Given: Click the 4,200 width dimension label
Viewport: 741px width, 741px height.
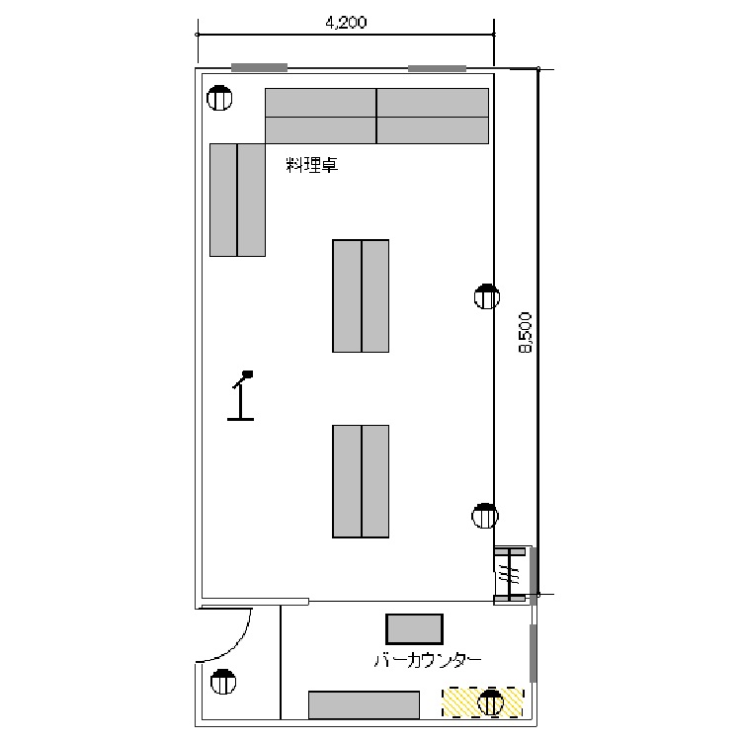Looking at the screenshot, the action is (x=346, y=22).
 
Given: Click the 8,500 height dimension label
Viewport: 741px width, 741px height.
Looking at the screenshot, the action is (x=525, y=332).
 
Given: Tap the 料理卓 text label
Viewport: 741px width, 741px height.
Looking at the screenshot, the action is (x=312, y=165).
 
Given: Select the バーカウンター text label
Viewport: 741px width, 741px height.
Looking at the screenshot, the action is (x=428, y=660).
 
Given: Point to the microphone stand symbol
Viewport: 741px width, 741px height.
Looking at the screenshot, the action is (x=240, y=395).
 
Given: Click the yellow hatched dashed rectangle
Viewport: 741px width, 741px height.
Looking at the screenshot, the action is (x=483, y=702).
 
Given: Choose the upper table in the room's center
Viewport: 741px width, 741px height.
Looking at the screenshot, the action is (x=361, y=295).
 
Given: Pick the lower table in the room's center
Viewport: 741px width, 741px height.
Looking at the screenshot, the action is (x=361, y=481).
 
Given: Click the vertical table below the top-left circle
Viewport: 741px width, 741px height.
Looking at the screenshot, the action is (x=237, y=200).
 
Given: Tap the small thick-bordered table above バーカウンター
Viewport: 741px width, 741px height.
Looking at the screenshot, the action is (x=414, y=629).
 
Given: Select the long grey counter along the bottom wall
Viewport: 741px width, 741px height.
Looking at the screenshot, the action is (x=364, y=705).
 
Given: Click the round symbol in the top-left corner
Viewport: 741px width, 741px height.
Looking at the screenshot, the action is (x=219, y=98).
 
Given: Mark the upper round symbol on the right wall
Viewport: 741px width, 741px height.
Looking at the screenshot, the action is (x=487, y=296).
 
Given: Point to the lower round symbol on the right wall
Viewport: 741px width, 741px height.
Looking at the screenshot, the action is (x=485, y=516).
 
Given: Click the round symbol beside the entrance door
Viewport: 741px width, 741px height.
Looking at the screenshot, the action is (x=223, y=682).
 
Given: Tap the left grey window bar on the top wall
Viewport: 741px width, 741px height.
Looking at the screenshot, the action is (x=259, y=67).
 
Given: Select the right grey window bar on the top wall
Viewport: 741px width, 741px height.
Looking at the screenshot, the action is (x=437, y=68).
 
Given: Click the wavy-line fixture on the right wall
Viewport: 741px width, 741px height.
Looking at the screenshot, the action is (x=510, y=575).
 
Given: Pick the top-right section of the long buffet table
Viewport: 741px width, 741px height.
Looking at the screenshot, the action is (x=433, y=103).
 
